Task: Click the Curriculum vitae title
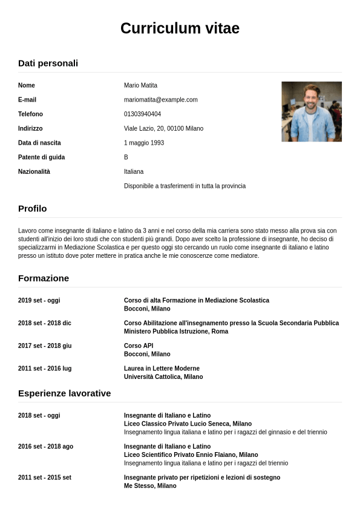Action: click(x=180, y=28)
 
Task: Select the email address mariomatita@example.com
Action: click(x=160, y=100)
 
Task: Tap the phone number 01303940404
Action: click(x=142, y=114)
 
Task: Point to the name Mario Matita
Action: click(x=140, y=85)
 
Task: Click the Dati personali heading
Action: click(x=48, y=63)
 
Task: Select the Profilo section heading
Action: click(x=32, y=209)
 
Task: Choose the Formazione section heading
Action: click(x=44, y=278)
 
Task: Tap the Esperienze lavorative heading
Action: click(x=64, y=393)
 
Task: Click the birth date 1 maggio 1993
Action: click(x=144, y=143)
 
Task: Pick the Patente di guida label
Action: click(x=41, y=157)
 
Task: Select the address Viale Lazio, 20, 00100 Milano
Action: click(x=163, y=129)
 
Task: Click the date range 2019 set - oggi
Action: click(x=39, y=300)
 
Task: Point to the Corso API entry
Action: click(x=139, y=346)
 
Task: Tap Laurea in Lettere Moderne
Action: click(x=162, y=369)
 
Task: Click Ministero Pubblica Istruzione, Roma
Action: click(x=176, y=332)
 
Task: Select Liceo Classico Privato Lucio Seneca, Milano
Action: click(x=188, y=424)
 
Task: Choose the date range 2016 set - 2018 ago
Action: click(x=45, y=447)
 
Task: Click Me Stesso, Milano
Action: click(x=150, y=486)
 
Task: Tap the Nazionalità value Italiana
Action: click(x=134, y=172)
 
